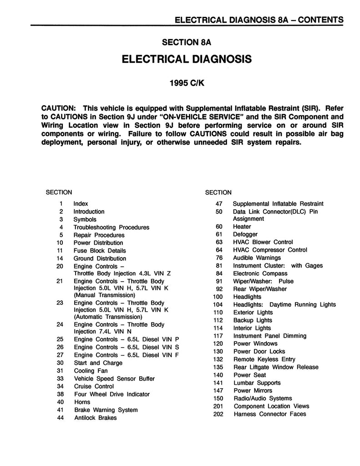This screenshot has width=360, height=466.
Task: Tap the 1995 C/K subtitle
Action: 187,84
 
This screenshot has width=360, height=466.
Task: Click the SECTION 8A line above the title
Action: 187,42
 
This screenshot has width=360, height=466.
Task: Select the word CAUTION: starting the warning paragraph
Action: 58,108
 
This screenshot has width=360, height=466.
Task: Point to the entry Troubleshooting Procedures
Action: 111,227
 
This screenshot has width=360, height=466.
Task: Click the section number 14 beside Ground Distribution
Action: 60,258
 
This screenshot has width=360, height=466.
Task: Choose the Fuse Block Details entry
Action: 100,251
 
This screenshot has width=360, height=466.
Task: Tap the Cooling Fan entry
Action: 91,371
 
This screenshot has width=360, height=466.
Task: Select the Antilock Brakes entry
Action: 95,418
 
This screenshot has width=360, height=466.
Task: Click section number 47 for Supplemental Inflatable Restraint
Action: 218,203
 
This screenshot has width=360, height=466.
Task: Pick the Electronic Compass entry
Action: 260,274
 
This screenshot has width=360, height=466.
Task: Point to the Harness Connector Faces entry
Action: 269,414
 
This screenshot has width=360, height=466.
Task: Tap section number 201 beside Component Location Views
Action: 217,406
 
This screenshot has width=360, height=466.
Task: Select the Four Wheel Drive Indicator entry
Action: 112,394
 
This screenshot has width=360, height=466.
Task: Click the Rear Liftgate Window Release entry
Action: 275,367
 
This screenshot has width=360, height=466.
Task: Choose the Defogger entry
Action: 245,234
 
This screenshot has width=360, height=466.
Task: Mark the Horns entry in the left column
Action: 82,402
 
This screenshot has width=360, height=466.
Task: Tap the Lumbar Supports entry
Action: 257,383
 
